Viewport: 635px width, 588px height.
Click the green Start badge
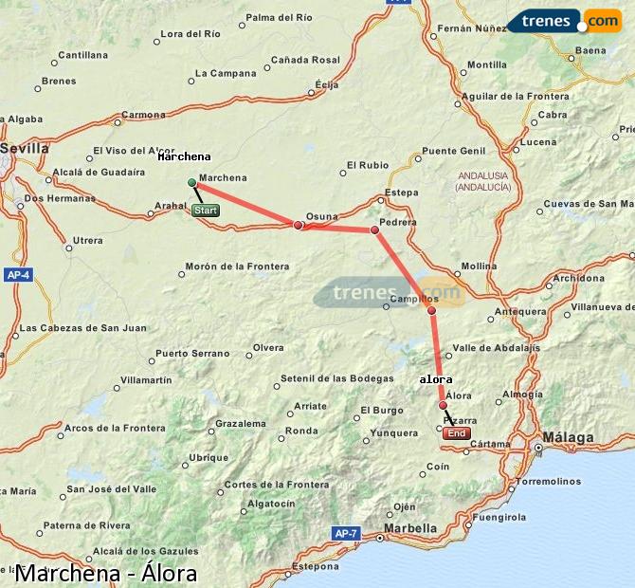click(206, 211)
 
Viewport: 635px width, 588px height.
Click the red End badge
click(457, 433)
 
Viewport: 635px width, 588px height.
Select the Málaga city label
click(569, 437)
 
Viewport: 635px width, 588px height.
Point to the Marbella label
click(410, 528)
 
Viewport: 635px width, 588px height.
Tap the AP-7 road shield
click(346, 534)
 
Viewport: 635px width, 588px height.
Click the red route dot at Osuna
click(299, 225)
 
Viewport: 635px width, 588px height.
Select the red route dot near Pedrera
click(374, 230)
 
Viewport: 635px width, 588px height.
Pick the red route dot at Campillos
click(431, 310)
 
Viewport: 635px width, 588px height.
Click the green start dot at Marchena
click(192, 182)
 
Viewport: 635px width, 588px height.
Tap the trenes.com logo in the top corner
click(564, 20)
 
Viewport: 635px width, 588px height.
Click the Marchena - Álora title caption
click(106, 573)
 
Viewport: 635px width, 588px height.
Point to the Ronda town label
click(301, 431)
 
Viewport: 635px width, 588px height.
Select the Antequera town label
click(526, 311)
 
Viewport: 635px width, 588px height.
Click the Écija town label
click(326, 84)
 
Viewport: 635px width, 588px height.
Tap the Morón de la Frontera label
click(237, 266)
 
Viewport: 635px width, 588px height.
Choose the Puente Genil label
click(453, 151)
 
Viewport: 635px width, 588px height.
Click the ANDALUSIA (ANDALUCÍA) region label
click(483, 181)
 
